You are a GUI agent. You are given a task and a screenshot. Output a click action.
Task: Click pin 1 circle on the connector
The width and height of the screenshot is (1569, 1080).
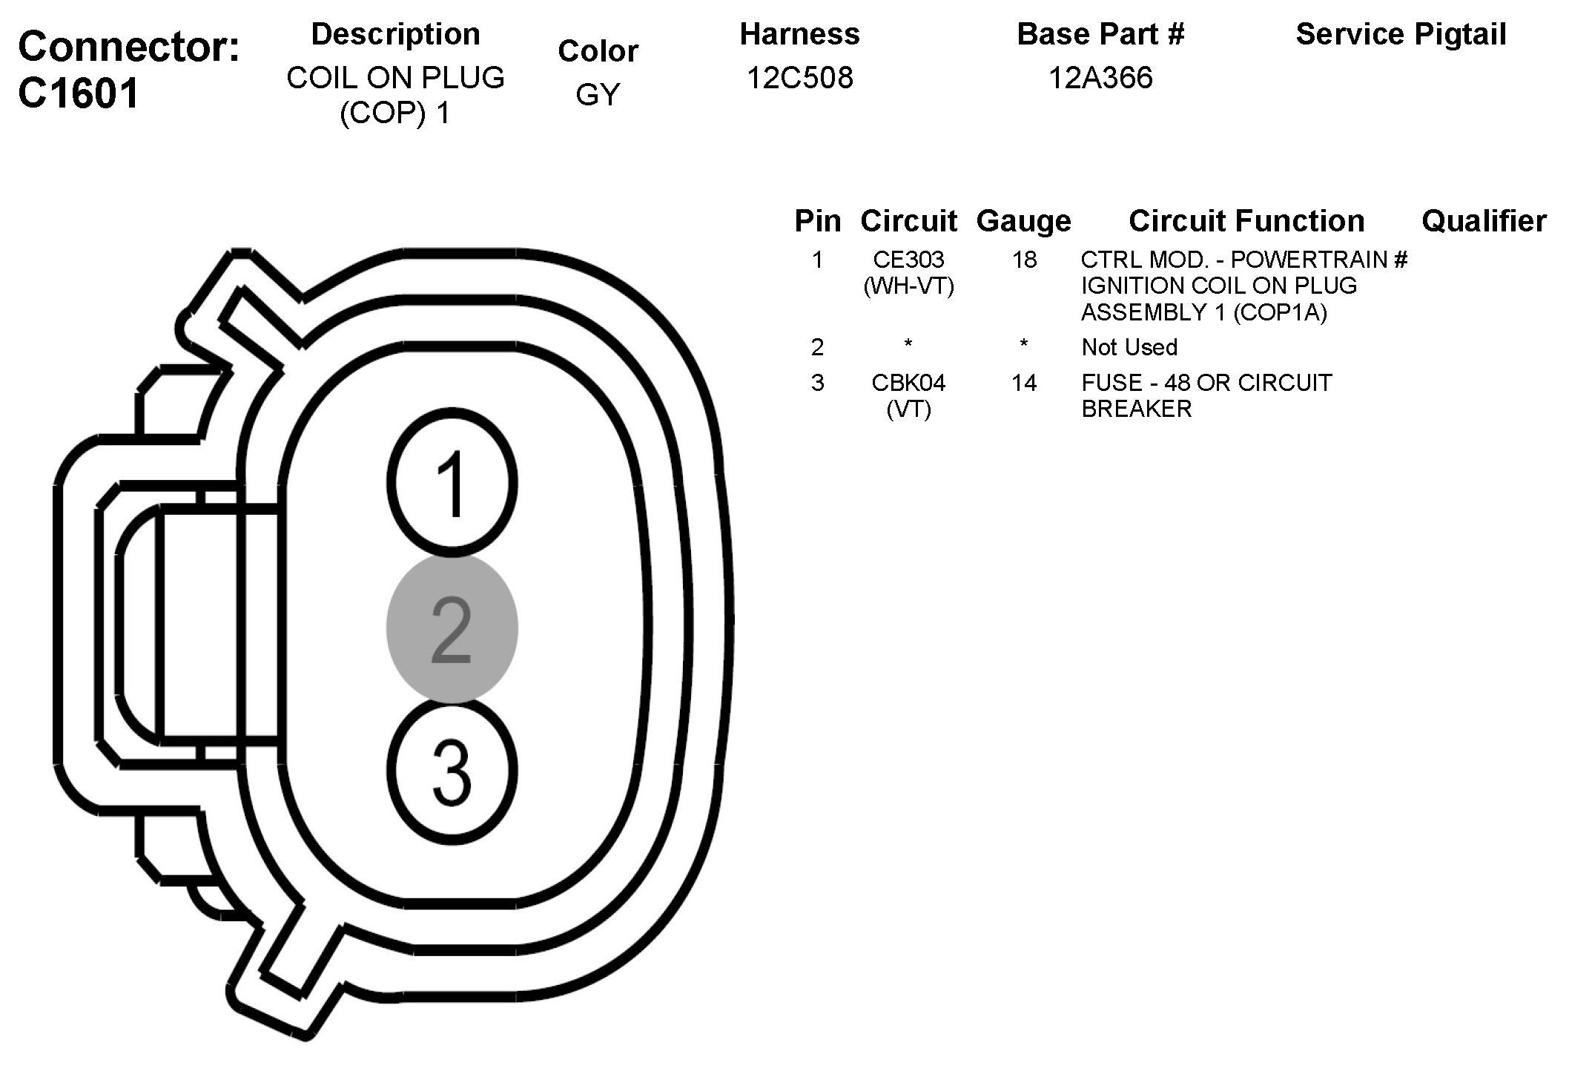(x=452, y=484)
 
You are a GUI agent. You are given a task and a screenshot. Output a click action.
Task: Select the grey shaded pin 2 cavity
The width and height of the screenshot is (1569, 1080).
(x=452, y=629)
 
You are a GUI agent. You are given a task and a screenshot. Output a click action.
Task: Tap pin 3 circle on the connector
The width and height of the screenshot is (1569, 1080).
(x=452, y=771)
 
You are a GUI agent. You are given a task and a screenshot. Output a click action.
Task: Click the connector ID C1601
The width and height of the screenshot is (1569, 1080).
(x=79, y=94)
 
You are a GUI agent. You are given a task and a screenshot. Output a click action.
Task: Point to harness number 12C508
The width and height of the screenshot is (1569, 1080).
(x=799, y=78)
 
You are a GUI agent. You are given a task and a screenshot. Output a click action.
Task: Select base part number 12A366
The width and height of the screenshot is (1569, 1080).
(x=1100, y=78)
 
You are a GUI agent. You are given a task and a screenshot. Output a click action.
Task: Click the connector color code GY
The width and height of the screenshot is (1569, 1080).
(x=597, y=95)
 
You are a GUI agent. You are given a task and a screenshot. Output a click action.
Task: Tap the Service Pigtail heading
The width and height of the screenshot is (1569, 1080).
(x=1401, y=34)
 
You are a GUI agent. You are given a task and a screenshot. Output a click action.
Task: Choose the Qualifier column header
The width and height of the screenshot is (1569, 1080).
(x=1484, y=221)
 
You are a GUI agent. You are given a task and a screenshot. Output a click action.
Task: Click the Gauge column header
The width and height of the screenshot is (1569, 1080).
(x=1023, y=221)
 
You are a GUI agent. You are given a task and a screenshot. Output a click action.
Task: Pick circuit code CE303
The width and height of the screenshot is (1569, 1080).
(x=908, y=260)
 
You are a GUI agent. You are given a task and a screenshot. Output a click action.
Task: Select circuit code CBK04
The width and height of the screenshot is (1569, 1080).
(x=908, y=383)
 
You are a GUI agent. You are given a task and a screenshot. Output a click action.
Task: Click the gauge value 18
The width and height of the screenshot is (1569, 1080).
(x=1024, y=260)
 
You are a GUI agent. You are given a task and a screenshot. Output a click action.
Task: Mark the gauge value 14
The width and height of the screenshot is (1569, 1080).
(x=1024, y=383)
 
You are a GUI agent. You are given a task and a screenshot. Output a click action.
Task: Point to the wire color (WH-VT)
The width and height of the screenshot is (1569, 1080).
(x=908, y=286)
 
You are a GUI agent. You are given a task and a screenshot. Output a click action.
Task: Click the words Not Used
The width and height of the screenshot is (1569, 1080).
(x=1129, y=347)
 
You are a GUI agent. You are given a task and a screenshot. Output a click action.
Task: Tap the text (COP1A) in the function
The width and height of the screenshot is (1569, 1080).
(x=1280, y=312)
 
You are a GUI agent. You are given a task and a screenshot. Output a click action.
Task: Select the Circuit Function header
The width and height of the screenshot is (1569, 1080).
(x=1246, y=221)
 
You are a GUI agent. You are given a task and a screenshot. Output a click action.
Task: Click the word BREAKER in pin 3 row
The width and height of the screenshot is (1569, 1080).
(x=1136, y=409)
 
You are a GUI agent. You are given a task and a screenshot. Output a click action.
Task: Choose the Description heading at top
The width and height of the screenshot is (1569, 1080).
(x=395, y=34)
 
